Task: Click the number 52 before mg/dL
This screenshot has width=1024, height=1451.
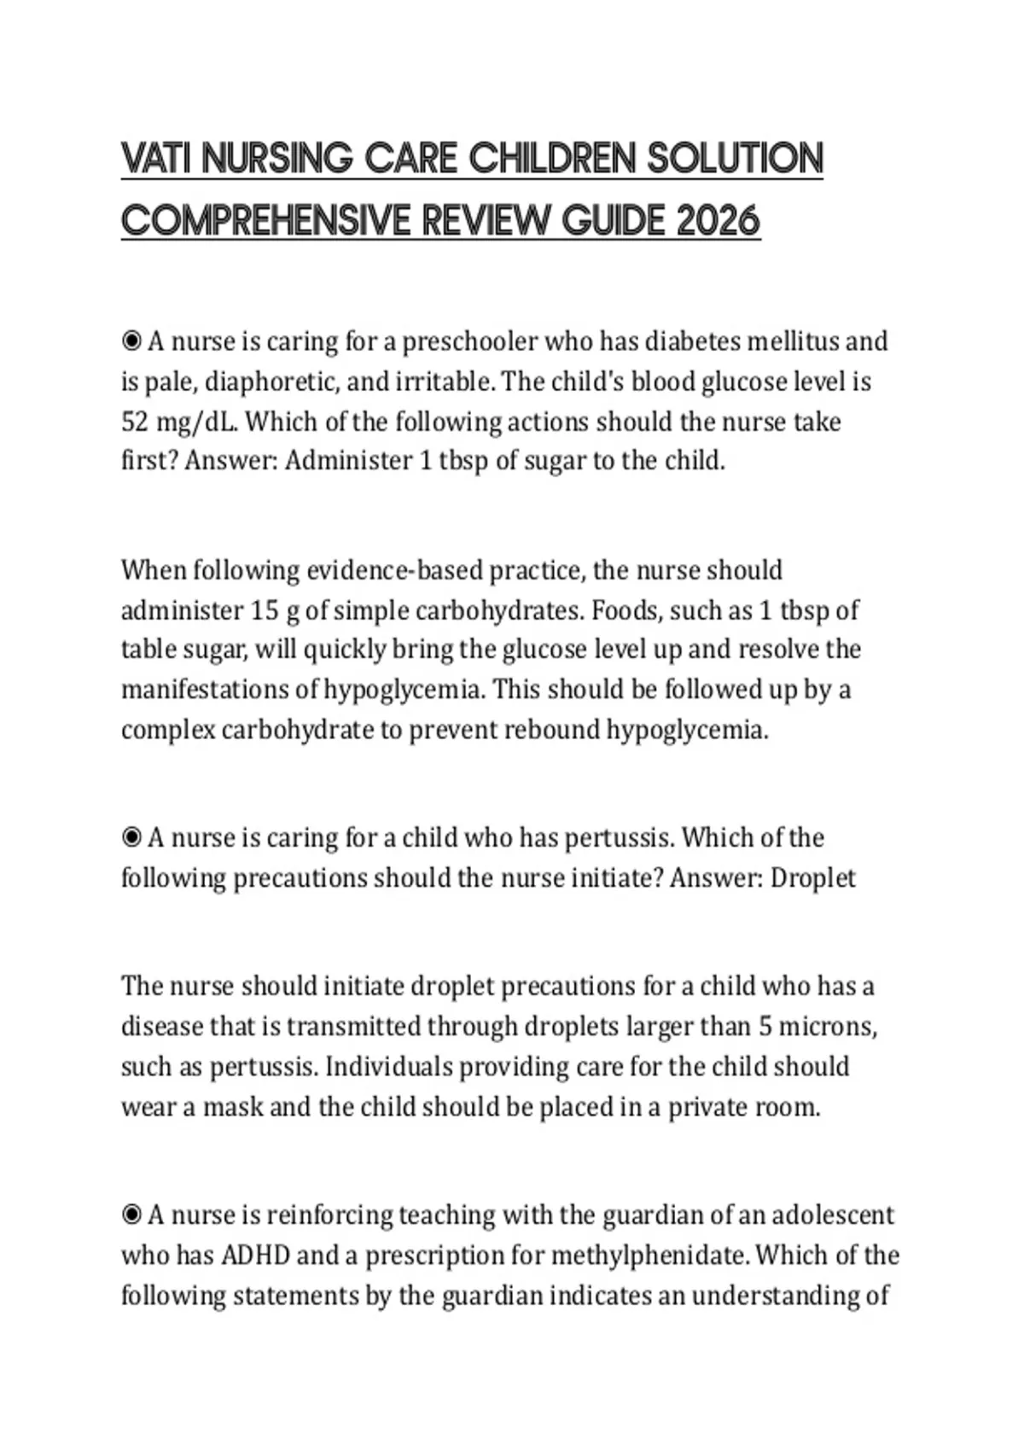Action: click(x=134, y=422)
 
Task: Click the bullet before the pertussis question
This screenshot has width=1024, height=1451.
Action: click(x=131, y=838)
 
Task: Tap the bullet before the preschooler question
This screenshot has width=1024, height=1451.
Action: click(x=131, y=341)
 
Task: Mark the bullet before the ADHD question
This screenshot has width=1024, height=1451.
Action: click(x=131, y=1215)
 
